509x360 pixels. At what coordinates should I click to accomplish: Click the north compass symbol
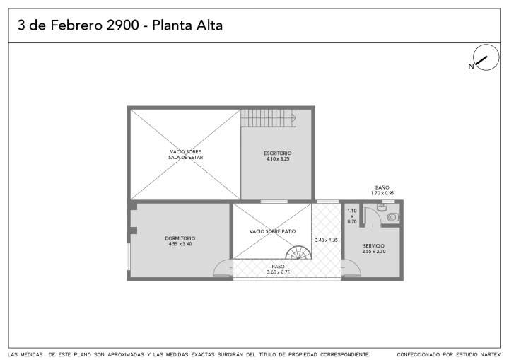click(486, 58)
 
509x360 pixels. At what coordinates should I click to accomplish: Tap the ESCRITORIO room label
click(278, 153)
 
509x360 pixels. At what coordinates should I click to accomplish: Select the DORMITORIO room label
click(180, 238)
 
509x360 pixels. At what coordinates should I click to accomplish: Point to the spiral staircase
click(298, 252)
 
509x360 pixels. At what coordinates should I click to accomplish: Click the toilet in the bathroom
click(393, 216)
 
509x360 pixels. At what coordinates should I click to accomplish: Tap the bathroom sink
click(382, 207)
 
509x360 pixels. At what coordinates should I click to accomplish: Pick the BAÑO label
click(382, 187)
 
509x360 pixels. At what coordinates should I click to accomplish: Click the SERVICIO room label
click(374, 246)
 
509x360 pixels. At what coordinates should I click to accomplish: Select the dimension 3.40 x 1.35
click(326, 240)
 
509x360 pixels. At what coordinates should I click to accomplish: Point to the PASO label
click(279, 267)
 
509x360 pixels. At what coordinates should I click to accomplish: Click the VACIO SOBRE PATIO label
click(272, 231)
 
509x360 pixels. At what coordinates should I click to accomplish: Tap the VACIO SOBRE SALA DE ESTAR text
click(186, 155)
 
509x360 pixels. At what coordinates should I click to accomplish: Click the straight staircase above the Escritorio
click(269, 118)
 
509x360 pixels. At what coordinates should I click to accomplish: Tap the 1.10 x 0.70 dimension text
click(352, 216)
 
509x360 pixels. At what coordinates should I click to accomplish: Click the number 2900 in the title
click(123, 25)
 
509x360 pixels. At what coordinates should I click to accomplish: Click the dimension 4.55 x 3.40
click(180, 244)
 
